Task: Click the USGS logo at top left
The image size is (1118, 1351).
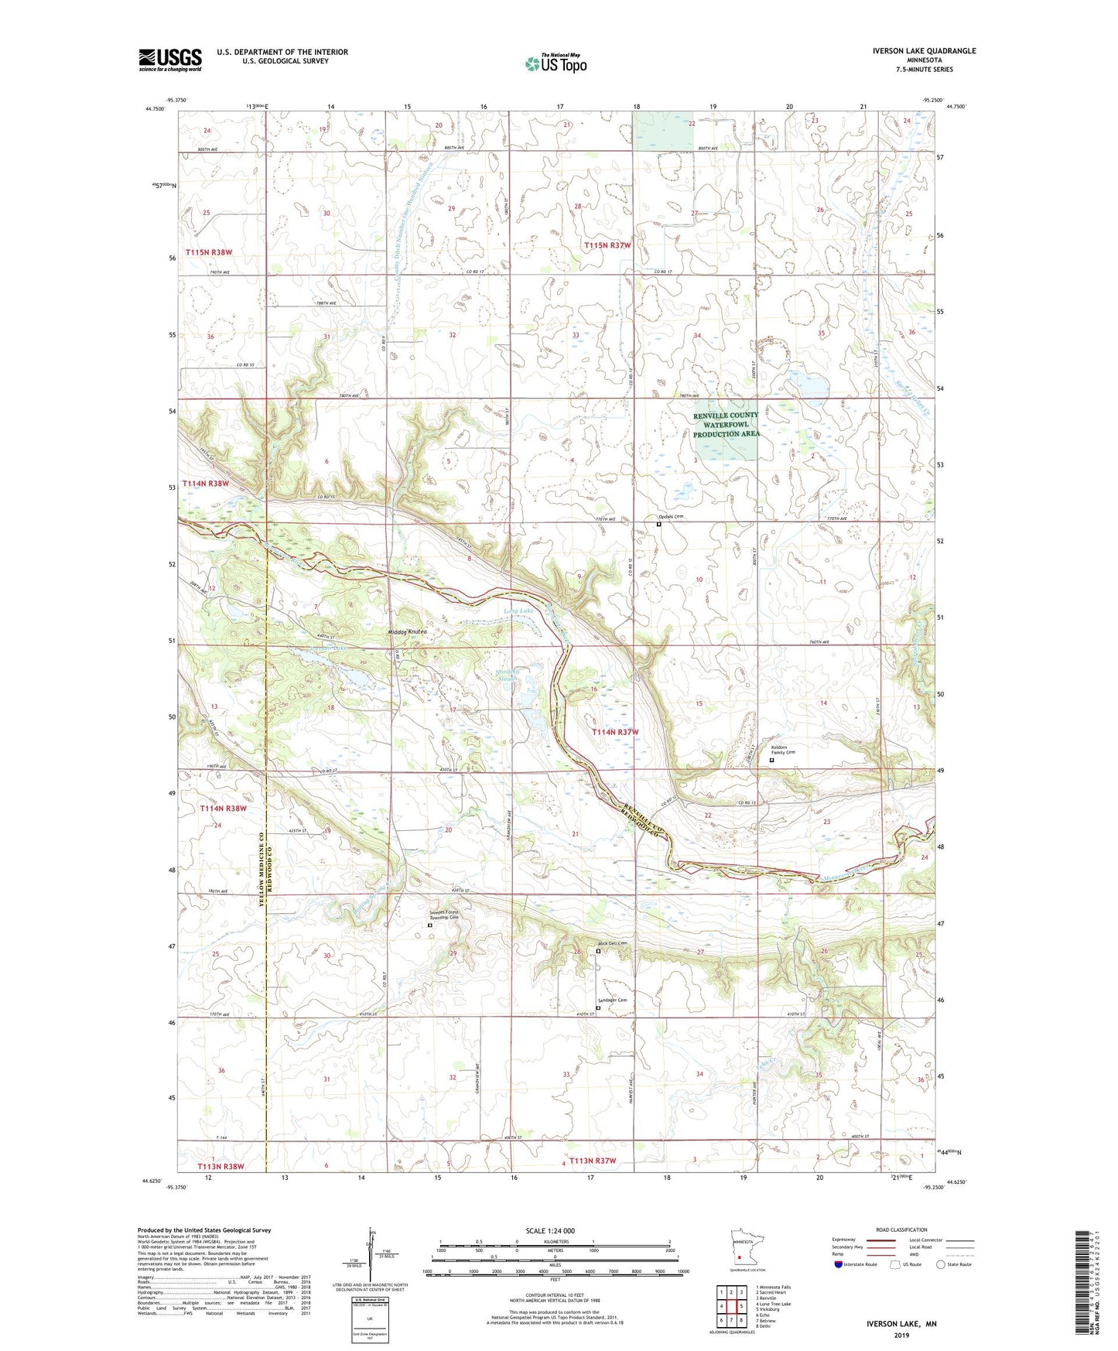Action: click(170, 60)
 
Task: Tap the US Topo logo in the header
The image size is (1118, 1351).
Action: click(556, 63)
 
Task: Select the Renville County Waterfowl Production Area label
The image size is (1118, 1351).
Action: click(726, 425)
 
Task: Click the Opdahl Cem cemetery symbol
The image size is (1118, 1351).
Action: click(658, 524)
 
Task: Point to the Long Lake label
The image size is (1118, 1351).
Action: click(518, 611)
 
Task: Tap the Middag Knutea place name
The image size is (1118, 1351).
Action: click(407, 631)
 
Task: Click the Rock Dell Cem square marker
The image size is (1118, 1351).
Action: click(597, 952)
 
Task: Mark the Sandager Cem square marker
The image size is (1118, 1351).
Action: click(598, 1007)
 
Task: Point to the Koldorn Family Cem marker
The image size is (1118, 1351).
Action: click(771, 760)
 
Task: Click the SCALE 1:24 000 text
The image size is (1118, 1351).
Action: click(550, 1230)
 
